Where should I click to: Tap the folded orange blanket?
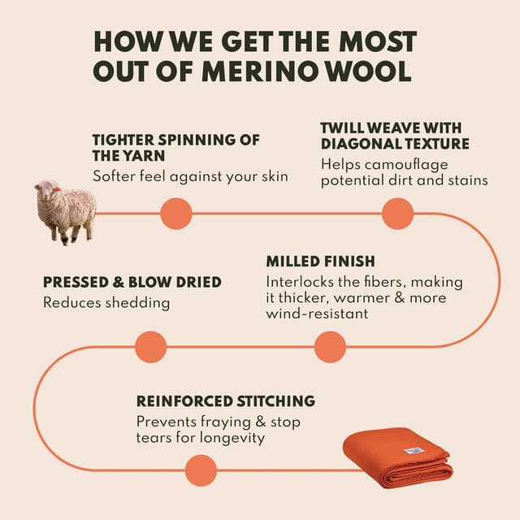click(398, 457)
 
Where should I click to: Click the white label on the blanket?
click(414, 451)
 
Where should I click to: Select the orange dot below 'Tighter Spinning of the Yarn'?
click(176, 214)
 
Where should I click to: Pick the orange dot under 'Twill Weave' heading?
click(397, 214)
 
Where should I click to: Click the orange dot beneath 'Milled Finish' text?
click(330, 347)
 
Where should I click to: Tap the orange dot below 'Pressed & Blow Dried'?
click(151, 347)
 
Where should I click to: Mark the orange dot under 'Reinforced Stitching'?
click(201, 470)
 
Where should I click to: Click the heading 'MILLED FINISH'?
click(320, 262)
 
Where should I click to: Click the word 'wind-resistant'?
click(317, 314)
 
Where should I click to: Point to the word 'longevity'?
click(232, 438)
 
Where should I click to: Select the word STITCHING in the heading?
click(275, 401)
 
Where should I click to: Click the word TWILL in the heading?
click(342, 128)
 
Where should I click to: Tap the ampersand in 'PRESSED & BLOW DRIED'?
click(118, 282)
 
